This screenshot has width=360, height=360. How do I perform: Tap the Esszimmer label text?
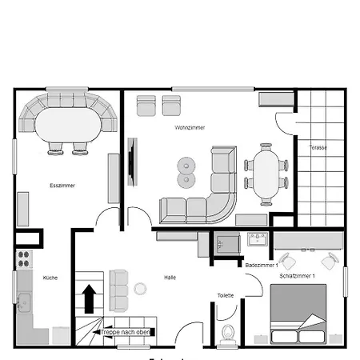62,186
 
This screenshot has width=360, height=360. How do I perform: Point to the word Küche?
50,278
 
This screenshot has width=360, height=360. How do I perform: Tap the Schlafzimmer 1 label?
298,276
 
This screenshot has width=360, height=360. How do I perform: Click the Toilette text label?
226,295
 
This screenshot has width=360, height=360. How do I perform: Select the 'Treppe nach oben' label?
126,331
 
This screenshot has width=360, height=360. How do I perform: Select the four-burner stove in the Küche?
24,259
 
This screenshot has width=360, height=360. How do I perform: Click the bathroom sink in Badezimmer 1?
257,240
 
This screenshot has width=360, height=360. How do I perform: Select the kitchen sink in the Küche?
24,303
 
